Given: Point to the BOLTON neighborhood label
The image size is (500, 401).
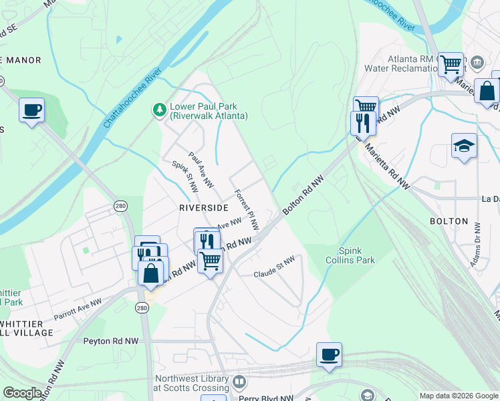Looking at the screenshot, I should pyautogui.click(x=449, y=221).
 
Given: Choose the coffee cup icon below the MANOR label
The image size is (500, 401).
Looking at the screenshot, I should pyautogui.click(x=31, y=110).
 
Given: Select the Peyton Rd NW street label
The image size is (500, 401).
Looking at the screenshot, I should pyautogui.click(x=111, y=341).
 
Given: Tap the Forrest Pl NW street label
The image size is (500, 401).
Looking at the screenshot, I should pyautogui.click(x=247, y=210).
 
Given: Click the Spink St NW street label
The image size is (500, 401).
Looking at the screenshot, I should pyautogui.click(x=185, y=176).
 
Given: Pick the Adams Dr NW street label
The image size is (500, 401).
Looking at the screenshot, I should pyautogui.click(x=476, y=251).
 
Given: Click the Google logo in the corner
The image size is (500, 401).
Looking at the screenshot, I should pyautogui.click(x=22, y=393).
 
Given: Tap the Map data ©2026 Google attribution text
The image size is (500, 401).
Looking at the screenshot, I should pyautogui.click(x=458, y=396).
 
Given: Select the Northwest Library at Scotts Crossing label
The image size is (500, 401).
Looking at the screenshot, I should pyautogui.click(x=192, y=382).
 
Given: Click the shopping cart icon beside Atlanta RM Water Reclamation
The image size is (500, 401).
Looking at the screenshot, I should pyautogui.click(x=451, y=64).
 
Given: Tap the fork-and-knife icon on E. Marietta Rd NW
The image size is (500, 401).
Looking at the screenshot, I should pyautogui.click(x=360, y=122).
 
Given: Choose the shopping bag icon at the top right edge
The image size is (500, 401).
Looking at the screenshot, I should pyautogui.click(x=487, y=91).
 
